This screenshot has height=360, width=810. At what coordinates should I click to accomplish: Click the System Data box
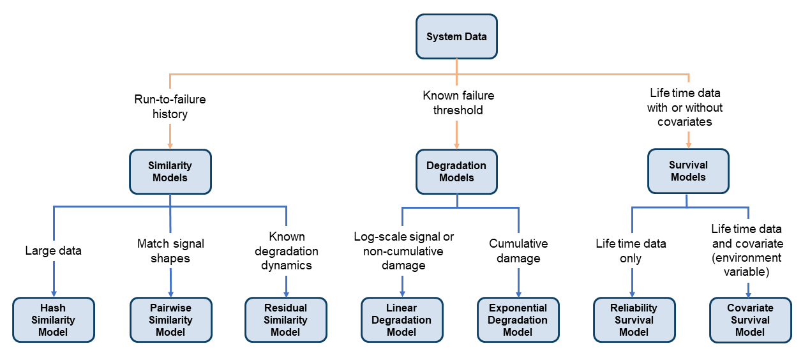pyautogui.click(x=456, y=37)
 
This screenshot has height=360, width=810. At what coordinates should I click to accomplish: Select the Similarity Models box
pyautogui.click(x=170, y=172)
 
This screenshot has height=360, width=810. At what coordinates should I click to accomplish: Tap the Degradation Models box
pyautogui.click(x=456, y=172)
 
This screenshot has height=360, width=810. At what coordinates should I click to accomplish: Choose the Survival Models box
pyautogui.click(x=688, y=171)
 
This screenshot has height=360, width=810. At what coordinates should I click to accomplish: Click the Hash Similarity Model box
pyautogui.click(x=53, y=320)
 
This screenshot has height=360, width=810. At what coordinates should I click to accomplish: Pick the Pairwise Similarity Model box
pyautogui.click(x=170, y=320)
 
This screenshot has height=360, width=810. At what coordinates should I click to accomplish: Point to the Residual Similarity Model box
pyautogui.click(x=285, y=320)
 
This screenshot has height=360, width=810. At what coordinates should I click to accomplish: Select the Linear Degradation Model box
pyautogui.click(x=401, y=320)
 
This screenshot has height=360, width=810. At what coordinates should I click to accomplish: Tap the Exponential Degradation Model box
pyautogui.click(x=518, y=320)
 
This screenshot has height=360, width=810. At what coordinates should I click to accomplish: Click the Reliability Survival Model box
pyautogui.click(x=634, y=320)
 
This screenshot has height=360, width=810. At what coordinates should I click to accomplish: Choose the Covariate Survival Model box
pyautogui.click(x=750, y=320)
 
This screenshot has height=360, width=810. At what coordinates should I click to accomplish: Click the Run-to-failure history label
pyautogui.click(x=170, y=107)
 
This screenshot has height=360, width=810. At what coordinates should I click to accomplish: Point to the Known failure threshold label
pyautogui.click(x=458, y=103)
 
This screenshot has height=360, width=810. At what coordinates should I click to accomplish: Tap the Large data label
pyautogui.click(x=54, y=251)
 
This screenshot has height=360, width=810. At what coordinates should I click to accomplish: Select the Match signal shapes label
pyautogui.click(x=170, y=251)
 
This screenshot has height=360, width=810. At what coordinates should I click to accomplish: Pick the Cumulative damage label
pyautogui.click(x=518, y=251)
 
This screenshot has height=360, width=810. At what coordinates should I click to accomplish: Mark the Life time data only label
pyautogui.click(x=631, y=251)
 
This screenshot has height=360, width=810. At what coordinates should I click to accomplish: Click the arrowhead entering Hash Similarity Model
pyautogui.click(x=54, y=292)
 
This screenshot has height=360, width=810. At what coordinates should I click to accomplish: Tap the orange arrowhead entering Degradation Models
pyautogui.click(x=457, y=144)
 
